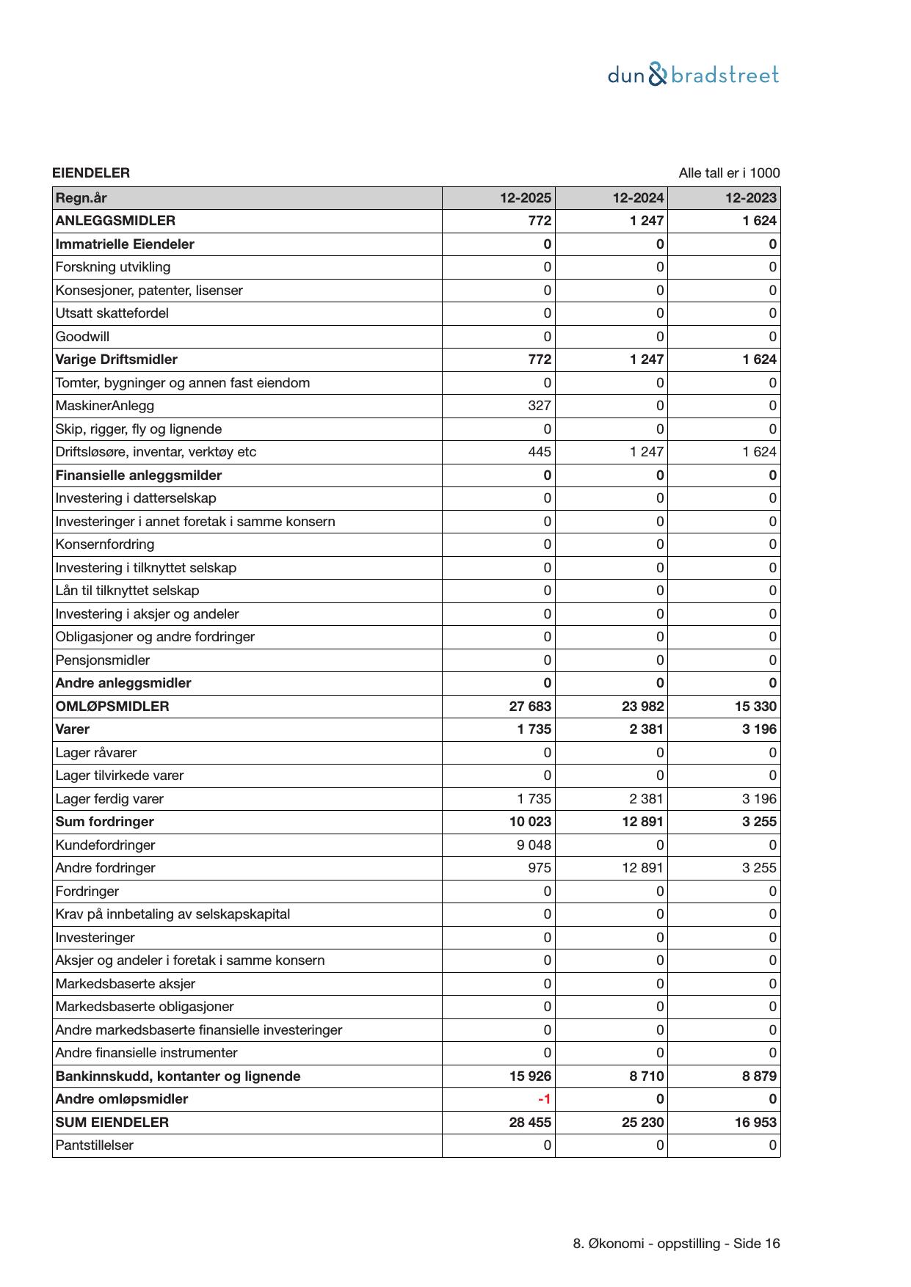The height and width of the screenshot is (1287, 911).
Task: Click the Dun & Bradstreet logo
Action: tap(693, 75)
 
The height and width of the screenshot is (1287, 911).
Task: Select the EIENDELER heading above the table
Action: tap(91, 173)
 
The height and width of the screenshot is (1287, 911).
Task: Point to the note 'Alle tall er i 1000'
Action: tap(729, 173)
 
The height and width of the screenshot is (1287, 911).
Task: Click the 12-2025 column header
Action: tap(526, 198)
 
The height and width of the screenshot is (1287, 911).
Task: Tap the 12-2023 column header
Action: tap(751, 198)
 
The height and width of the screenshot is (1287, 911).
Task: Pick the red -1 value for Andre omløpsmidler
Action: tap(544, 1099)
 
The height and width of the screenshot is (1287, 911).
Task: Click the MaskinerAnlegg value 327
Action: tap(539, 406)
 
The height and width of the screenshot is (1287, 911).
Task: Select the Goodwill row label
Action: tap(82, 337)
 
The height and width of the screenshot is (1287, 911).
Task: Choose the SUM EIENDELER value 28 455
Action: tap(530, 1123)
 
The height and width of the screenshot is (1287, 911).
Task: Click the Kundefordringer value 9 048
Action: tap(534, 845)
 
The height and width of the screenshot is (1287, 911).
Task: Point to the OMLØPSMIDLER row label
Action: tap(112, 707)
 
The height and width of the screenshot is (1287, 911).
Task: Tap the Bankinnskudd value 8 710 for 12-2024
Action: tap(646, 1076)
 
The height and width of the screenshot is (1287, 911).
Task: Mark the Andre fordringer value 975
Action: tap(540, 868)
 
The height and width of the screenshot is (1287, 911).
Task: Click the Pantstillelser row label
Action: tap(95, 1145)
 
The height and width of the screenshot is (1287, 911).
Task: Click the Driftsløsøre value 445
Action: tap(540, 452)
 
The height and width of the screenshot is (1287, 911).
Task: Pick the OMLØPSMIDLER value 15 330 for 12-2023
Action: tap(755, 707)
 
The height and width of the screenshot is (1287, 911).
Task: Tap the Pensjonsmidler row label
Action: tap(103, 660)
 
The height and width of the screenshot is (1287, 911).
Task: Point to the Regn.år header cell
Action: tap(81, 198)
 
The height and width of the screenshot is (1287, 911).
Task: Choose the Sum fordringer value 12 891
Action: tap(642, 822)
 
